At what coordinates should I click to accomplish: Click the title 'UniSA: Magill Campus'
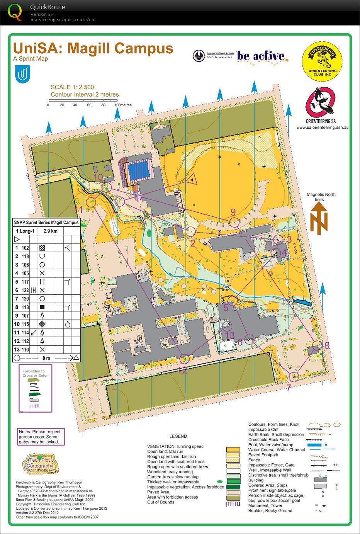tap(93, 49)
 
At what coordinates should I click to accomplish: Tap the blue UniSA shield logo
tap(23, 74)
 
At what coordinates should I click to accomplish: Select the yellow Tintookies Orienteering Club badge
tap(322, 62)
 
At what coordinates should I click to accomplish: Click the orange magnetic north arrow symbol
tap(319, 218)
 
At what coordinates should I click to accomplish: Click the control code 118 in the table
tap(25, 256)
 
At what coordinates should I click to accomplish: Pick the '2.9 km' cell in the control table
tap(51, 231)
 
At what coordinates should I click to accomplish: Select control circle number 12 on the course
tap(185, 359)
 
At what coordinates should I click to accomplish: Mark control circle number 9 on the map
tap(234, 222)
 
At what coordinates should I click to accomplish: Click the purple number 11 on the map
tap(79, 209)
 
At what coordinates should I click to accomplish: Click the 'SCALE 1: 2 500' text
tap(72, 87)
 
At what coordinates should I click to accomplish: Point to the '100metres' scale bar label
tap(123, 105)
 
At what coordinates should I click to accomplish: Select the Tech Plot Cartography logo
tap(39, 463)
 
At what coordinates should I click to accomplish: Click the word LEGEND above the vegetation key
tap(178, 436)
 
